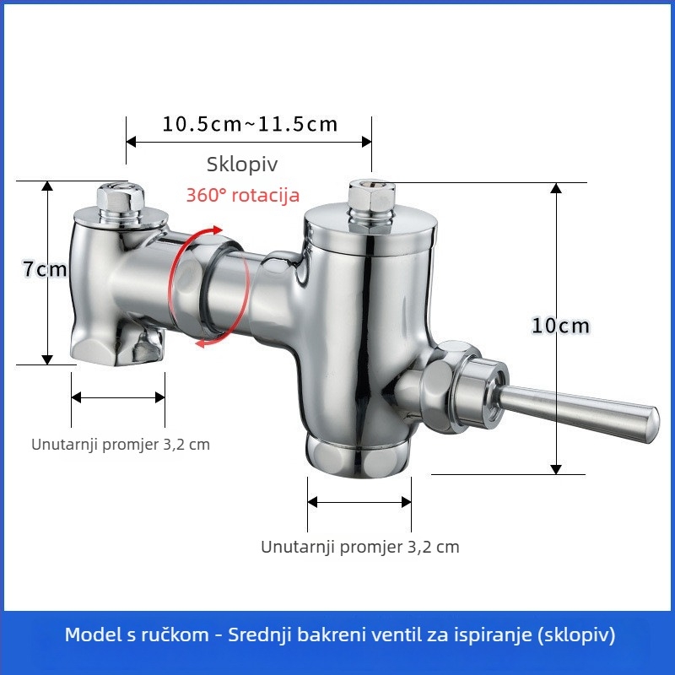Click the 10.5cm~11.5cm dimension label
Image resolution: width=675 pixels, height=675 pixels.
[250, 124]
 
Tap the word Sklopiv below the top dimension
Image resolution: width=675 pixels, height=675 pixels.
[242, 164]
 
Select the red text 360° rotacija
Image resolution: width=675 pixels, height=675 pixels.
[243, 195]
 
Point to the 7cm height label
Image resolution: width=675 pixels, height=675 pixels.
[45, 269]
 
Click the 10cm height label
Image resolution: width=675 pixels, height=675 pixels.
[560, 326]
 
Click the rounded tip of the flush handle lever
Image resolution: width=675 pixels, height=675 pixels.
[652, 424]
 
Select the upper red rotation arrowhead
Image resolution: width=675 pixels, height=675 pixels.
[217, 230]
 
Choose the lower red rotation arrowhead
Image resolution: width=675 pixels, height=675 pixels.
[201, 343]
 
